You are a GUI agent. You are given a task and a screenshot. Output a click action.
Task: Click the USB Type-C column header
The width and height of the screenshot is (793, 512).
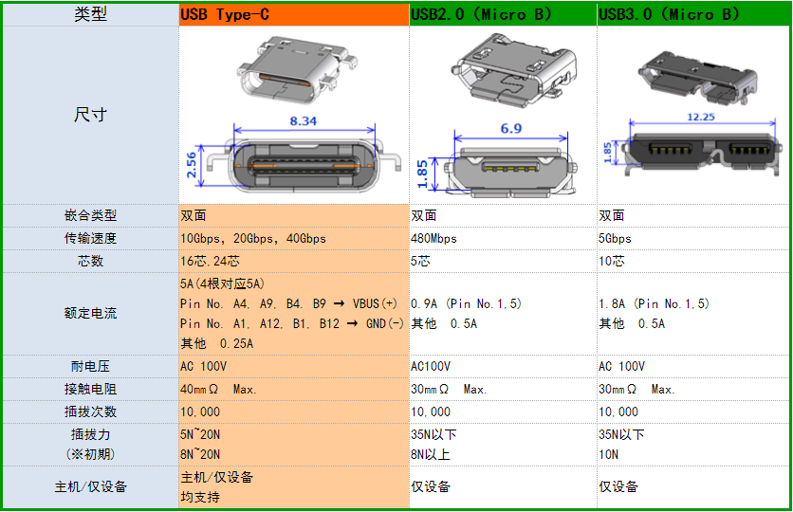point(225,14)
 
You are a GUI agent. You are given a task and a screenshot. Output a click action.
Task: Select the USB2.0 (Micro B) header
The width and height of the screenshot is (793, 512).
point(481,14)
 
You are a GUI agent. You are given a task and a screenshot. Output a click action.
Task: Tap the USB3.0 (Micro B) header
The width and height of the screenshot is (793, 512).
point(669,14)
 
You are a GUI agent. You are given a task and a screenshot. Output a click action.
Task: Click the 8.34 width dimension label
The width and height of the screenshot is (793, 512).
point(303,121)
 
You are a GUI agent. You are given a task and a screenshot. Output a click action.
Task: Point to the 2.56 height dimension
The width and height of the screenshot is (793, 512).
point(192,165)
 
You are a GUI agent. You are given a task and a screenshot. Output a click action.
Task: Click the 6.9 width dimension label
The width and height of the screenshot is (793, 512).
point(510,129)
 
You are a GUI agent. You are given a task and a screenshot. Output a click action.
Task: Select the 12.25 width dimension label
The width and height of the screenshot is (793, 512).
point(700,118)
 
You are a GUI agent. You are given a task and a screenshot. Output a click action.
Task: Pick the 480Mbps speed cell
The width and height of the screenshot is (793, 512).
point(433,239)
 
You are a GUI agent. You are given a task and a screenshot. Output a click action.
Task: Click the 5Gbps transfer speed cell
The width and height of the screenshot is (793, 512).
point(615,239)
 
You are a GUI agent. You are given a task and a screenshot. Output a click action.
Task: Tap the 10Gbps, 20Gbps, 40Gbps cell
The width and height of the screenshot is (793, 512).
point(253,239)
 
